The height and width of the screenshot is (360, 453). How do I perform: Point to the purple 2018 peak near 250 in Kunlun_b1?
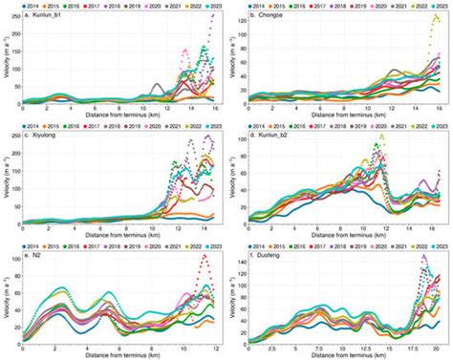tap(212, 16)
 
